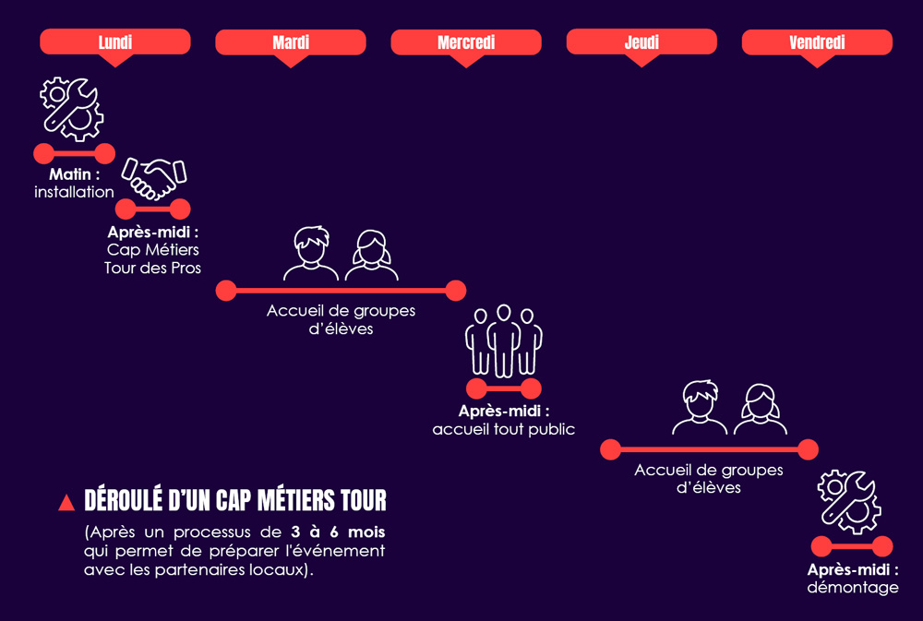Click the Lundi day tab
pyautogui.click(x=115, y=42)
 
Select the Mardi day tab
pyautogui.click(x=291, y=42)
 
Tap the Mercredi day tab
pyautogui.click(x=466, y=42)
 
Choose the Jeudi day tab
pyautogui.click(x=641, y=42)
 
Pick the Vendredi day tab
pyautogui.click(x=817, y=42)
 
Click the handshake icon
pyautogui.click(x=154, y=177)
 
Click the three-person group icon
pyautogui.click(x=503, y=340)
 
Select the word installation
pyautogui.click(x=74, y=192)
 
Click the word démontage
pyautogui.click(x=852, y=587)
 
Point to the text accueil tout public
pyautogui.click(x=503, y=429)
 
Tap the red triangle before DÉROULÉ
pyautogui.click(x=66, y=503)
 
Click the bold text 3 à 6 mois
pyautogui.click(x=337, y=532)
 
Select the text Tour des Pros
pyautogui.click(x=153, y=268)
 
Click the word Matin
pyautogui.click(x=70, y=174)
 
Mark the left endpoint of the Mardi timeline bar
pyautogui.click(x=226, y=291)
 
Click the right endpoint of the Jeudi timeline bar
pyautogui.click(x=808, y=449)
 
